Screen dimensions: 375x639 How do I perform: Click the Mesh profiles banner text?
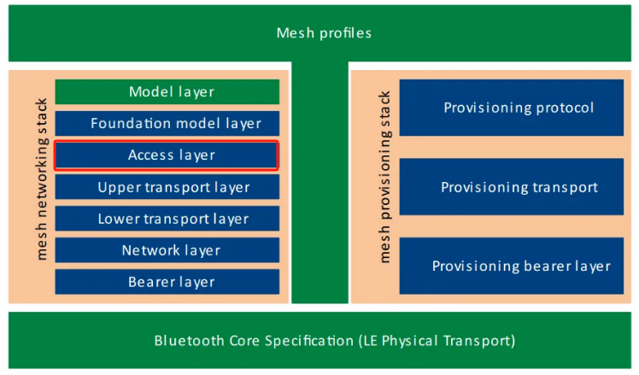(324, 33)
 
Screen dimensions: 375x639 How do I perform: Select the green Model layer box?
(167, 91)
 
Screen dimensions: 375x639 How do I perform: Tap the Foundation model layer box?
(167, 123)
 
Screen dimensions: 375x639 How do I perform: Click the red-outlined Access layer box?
(167, 155)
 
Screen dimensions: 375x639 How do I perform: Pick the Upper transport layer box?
(167, 187)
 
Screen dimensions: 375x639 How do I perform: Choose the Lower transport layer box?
(167, 219)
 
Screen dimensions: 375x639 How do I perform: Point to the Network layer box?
(167, 250)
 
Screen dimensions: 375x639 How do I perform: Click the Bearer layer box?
(167, 282)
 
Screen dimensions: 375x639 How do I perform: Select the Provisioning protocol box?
(519, 108)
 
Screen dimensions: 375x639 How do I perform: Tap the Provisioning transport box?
(519, 187)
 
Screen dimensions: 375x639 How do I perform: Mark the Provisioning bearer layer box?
(519, 266)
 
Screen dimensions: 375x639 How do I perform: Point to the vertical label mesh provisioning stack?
(384, 177)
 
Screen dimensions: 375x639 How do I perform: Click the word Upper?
(116, 187)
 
